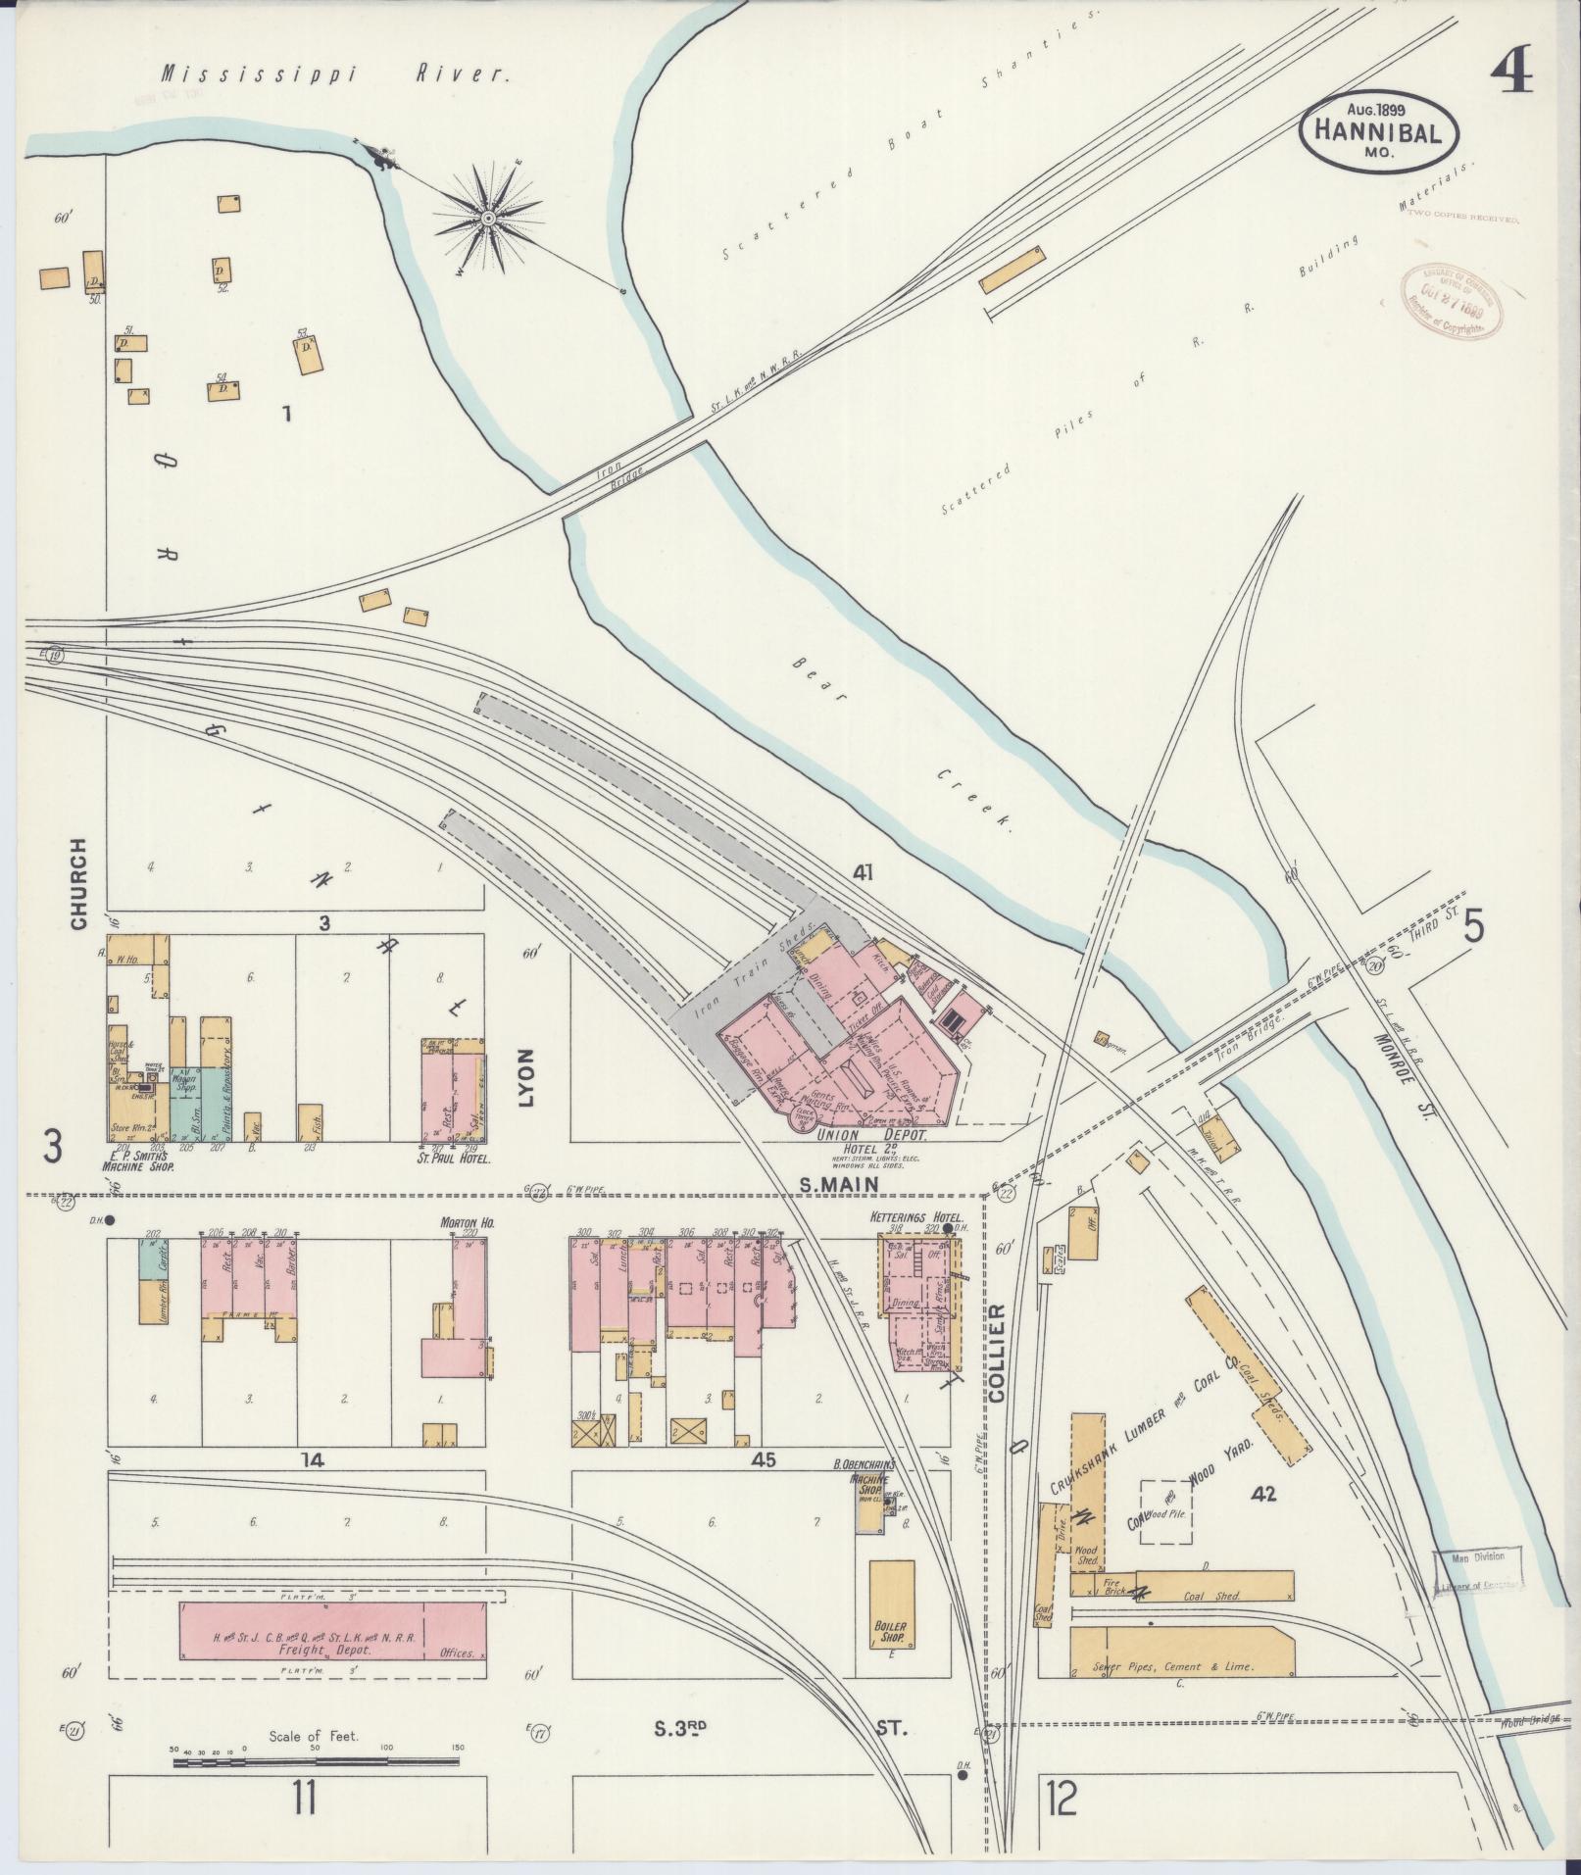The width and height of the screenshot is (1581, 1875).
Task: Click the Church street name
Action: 78,883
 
